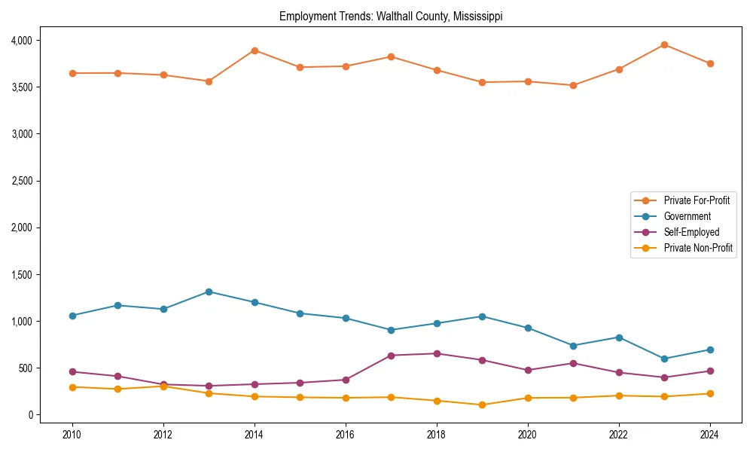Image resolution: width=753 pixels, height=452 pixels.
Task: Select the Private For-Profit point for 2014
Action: tap(255, 50)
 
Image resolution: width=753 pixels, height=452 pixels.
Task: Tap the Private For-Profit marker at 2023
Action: tap(664, 44)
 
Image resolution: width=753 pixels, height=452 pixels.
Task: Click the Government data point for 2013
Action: tap(209, 292)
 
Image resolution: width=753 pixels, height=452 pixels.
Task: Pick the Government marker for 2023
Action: tap(664, 359)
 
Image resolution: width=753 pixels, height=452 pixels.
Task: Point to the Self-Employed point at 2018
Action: tap(437, 353)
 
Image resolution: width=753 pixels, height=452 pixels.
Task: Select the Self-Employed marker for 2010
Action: tap(72, 371)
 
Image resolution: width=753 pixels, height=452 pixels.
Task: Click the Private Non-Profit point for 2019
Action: tap(482, 405)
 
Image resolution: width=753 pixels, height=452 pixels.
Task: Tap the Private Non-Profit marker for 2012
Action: tap(163, 386)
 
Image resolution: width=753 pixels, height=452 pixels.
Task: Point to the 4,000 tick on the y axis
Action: tap(20, 40)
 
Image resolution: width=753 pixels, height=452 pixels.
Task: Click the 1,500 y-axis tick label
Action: tap(20, 275)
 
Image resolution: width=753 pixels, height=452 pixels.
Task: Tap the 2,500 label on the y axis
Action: tap(20, 181)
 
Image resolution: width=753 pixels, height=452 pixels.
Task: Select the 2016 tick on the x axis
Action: tap(346, 435)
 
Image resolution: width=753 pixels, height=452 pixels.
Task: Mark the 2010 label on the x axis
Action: tap(72, 435)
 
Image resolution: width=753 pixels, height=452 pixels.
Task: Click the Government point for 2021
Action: tap(573, 346)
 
